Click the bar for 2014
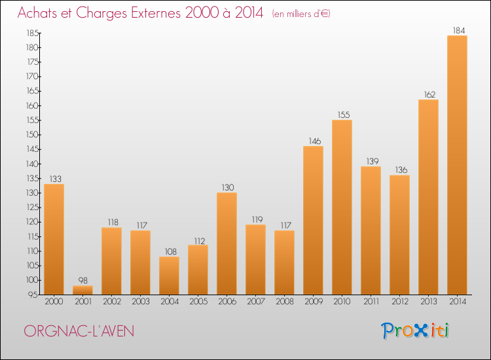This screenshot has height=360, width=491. [x=457, y=165]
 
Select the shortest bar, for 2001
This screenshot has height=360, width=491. [x=82, y=290]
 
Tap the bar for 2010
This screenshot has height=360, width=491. [x=342, y=207]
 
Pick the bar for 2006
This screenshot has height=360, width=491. [x=227, y=243]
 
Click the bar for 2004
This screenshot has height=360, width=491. [x=169, y=275]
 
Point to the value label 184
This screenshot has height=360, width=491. [x=457, y=30]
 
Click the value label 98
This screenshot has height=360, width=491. [x=82, y=280]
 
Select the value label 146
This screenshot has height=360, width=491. [x=313, y=141]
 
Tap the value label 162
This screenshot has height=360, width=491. [x=428, y=94]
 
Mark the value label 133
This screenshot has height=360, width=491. [x=54, y=179]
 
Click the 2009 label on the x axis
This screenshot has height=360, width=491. [x=313, y=302]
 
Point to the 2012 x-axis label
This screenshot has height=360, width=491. [x=399, y=302]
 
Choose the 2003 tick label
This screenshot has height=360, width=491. [x=140, y=302]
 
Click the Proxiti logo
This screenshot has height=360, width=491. [x=415, y=331]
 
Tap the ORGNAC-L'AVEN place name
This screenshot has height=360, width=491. [x=79, y=331]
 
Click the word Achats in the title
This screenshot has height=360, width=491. [x=40, y=12]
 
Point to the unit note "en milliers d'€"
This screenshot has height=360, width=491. [x=301, y=14]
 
